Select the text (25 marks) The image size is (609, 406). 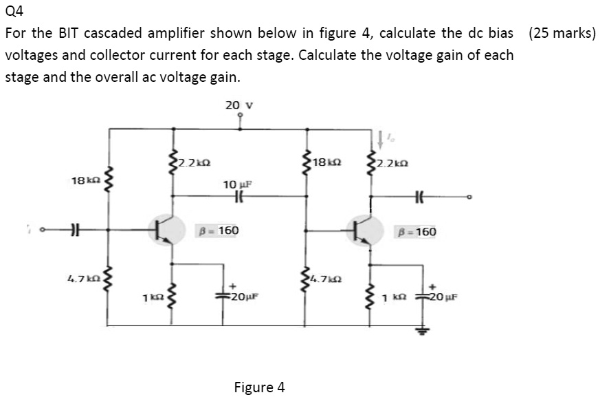click(x=562, y=33)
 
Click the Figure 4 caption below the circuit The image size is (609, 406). click(x=259, y=387)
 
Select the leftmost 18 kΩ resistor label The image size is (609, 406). click(x=83, y=180)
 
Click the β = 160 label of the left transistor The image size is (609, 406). click(x=218, y=231)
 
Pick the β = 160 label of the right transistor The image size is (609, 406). click(x=415, y=232)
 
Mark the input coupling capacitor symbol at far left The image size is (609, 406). click(x=71, y=231)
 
